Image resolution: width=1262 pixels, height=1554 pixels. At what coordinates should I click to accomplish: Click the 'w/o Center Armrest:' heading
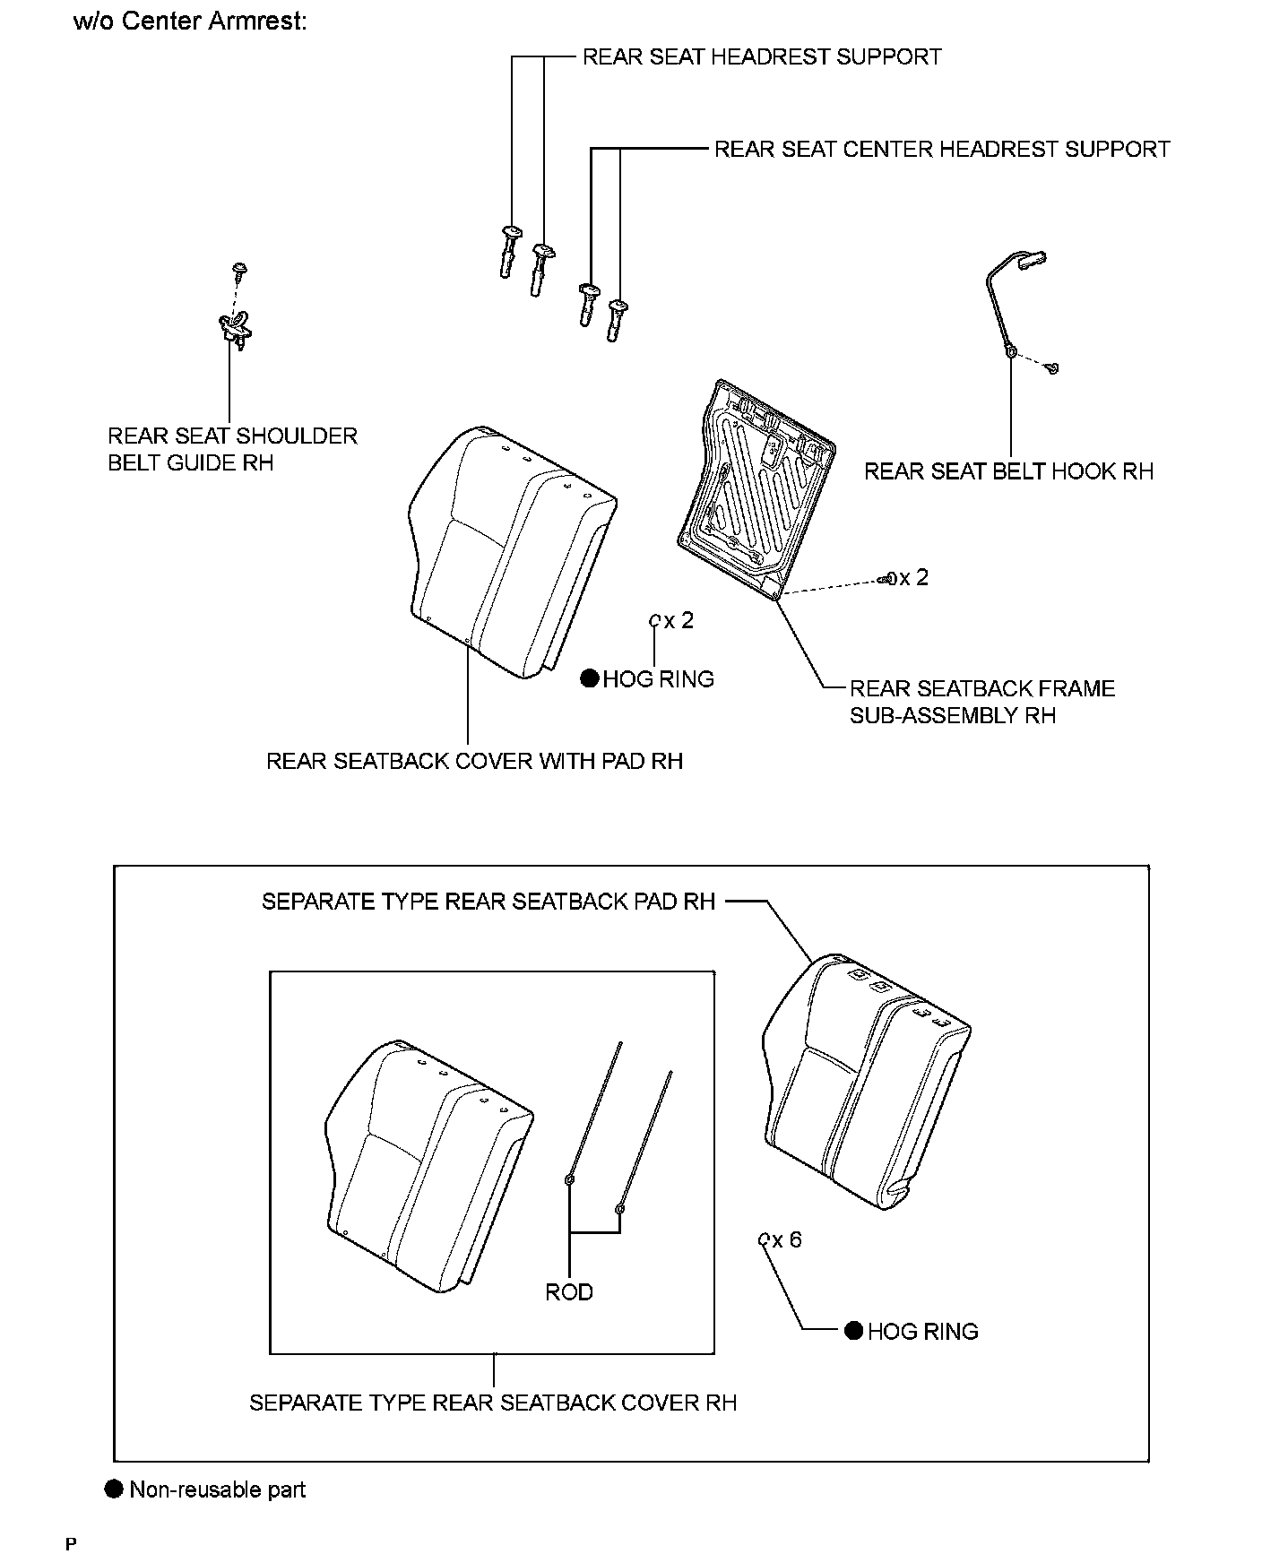tap(189, 22)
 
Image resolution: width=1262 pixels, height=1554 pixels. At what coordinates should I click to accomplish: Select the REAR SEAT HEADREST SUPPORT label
tap(761, 57)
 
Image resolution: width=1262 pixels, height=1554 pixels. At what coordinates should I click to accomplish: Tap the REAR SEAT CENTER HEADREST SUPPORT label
tap(941, 149)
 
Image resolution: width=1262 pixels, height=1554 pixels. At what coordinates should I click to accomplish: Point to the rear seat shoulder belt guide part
tap(235, 327)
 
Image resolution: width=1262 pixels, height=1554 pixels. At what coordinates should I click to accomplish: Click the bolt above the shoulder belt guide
tap(239, 268)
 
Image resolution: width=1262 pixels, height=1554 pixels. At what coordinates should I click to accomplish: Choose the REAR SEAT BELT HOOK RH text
tap(1007, 471)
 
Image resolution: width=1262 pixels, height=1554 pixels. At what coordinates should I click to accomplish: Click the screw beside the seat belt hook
tap(1053, 367)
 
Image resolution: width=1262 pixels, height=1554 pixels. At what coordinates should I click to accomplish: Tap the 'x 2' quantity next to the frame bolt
tap(913, 578)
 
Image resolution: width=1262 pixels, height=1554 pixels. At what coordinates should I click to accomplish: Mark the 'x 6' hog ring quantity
tap(786, 1239)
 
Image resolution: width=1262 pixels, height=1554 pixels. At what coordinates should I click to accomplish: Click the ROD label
tap(569, 1291)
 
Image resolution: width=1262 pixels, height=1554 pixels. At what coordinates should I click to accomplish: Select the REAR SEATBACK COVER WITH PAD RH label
tap(474, 761)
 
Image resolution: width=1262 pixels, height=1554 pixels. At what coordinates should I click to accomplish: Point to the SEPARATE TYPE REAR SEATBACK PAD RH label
tap(488, 902)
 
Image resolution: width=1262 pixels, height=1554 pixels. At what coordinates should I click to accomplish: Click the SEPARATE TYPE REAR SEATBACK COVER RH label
tap(493, 1403)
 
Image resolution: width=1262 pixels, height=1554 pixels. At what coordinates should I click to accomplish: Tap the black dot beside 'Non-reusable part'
tap(114, 1489)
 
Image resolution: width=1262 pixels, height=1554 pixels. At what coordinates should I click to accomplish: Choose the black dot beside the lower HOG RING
tap(854, 1331)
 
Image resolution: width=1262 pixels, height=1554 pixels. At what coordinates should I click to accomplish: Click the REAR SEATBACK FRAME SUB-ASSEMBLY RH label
tap(982, 702)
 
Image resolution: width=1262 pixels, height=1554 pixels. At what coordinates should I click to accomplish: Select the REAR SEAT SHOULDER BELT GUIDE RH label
tap(232, 449)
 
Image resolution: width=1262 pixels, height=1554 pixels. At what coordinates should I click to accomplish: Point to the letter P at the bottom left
tap(71, 1543)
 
